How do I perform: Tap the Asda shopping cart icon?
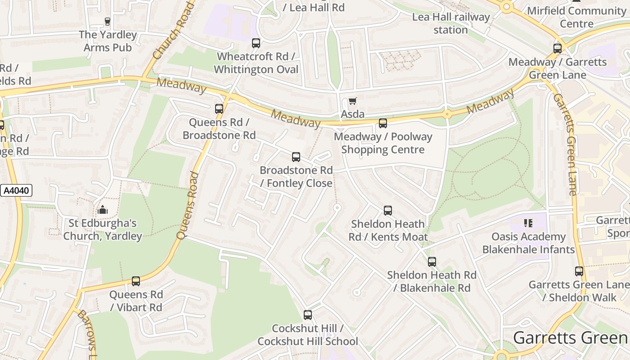(352, 101)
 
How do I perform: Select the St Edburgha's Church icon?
(103, 210)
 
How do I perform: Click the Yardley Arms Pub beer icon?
(107, 21)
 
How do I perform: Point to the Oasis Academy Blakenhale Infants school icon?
(528, 223)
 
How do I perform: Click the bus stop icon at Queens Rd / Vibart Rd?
(136, 281)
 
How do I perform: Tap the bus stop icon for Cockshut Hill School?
(308, 315)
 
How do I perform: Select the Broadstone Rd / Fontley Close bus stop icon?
(296, 157)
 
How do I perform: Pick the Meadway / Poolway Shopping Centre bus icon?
(383, 123)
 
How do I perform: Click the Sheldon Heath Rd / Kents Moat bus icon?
(388, 211)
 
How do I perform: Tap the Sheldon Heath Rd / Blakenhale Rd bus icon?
(432, 262)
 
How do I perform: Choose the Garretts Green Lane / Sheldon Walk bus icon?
(579, 271)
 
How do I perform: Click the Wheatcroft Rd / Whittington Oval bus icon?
(256, 43)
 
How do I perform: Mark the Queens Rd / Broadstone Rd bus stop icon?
(219, 109)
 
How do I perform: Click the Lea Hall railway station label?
(451, 23)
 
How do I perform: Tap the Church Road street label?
(174, 31)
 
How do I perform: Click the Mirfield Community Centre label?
(576, 17)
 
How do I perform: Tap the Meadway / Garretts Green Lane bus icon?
(558, 49)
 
